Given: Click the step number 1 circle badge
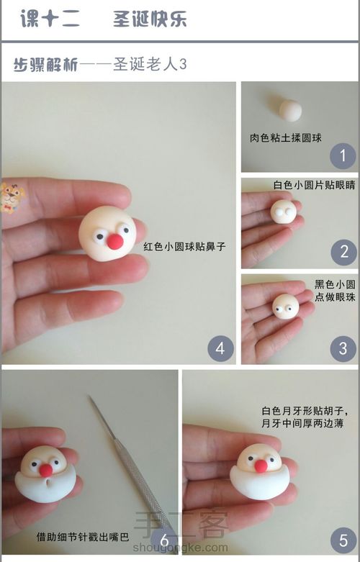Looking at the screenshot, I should pyautogui.click(x=343, y=155).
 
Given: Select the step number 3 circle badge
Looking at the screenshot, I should pyautogui.click(x=343, y=348).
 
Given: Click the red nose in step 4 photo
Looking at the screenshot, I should pyautogui.click(x=114, y=240).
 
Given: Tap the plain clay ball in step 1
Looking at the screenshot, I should pyautogui.click(x=290, y=110).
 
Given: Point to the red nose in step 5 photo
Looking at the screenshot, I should pyautogui.click(x=261, y=466).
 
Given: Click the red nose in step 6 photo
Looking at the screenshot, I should pyautogui.click(x=45, y=470).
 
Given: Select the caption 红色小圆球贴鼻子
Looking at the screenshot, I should pyautogui.click(x=185, y=246).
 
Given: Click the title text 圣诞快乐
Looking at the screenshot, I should pyautogui.click(x=150, y=19).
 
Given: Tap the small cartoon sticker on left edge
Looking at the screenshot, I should pyautogui.click(x=11, y=197).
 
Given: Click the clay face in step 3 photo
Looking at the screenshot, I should pyautogui.click(x=285, y=307).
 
